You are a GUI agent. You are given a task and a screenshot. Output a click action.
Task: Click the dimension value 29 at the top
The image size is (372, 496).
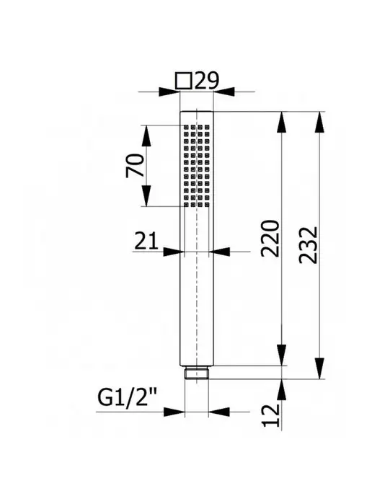tap(207, 81)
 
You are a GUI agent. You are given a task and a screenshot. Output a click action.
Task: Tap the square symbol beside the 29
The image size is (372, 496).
tap(183, 81)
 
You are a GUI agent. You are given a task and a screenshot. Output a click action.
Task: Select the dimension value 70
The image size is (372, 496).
tap(135, 165)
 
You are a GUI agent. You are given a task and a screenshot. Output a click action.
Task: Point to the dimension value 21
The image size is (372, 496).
tap(146, 241)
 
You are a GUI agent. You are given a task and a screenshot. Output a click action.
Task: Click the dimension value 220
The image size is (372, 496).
tap(270, 239)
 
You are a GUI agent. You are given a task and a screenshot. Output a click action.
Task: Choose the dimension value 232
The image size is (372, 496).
tap(308, 245)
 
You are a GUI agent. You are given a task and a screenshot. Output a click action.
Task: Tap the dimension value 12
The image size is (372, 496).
tap(271, 415)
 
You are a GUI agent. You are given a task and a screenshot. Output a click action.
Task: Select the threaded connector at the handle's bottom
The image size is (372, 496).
tap(196, 373)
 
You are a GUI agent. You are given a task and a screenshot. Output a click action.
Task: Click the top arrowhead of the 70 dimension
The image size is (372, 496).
tap(146, 136)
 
